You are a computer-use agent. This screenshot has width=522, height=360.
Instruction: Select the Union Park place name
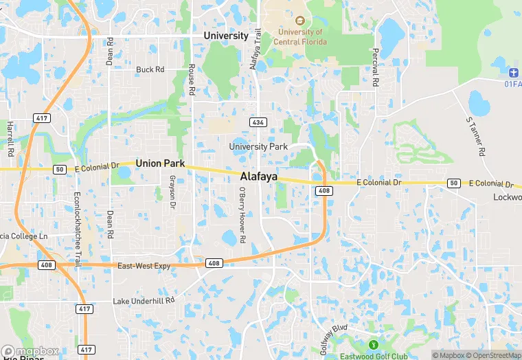click(160, 164)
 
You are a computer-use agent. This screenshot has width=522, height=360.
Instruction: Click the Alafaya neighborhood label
click(259, 177)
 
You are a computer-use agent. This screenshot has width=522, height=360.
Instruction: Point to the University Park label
click(258, 146)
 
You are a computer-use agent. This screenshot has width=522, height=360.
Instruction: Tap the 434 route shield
click(258, 122)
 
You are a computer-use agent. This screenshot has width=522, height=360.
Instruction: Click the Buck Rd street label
click(150, 69)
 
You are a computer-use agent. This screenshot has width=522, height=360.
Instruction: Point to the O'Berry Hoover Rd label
click(242, 222)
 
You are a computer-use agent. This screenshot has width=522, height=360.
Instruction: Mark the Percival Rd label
click(375, 67)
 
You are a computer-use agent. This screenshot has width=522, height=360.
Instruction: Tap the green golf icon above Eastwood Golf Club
click(374, 344)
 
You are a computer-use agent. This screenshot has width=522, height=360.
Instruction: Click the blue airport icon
click(514, 74)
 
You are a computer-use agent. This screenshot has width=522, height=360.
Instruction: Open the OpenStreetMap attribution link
click(489, 355)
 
